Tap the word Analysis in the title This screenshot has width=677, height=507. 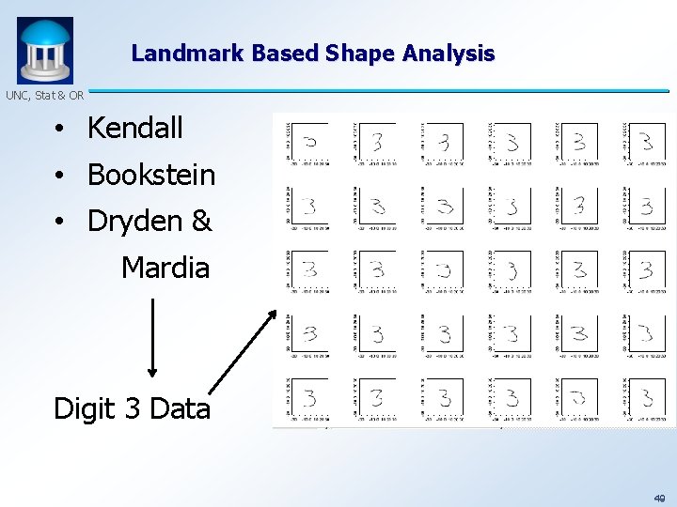pos(449,54)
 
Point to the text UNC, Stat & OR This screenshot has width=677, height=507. pos(44,95)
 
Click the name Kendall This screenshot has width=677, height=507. pos(134,129)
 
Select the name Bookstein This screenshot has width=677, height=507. pos(150,175)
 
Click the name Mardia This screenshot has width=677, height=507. pos(165,269)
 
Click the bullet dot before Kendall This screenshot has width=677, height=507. pos(58,130)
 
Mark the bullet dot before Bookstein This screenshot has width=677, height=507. pos(58,176)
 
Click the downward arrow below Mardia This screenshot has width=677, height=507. pos(152,338)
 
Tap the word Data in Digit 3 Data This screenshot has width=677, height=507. pos(179,408)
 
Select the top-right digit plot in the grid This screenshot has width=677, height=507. pos(646,142)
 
